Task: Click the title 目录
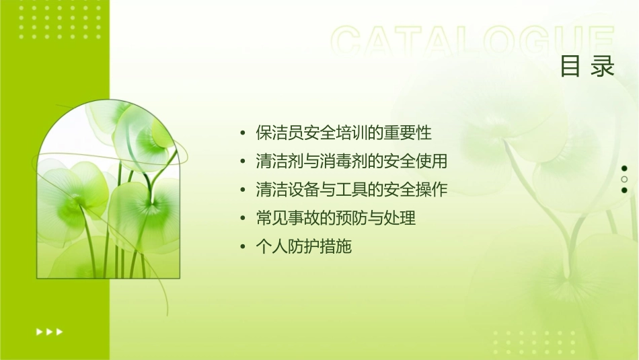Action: [587, 67]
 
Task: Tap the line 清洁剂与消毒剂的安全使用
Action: [351, 161]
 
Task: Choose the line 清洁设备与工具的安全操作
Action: [351, 190]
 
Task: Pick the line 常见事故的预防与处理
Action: [336, 218]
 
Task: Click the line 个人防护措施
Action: [303, 247]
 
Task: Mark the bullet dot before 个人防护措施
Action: [243, 248]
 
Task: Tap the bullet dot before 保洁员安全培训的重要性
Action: [243, 133]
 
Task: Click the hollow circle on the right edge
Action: [624, 179]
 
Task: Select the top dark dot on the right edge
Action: [624, 168]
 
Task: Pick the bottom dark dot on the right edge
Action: [624, 190]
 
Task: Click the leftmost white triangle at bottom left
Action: [38, 331]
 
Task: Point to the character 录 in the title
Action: [603, 67]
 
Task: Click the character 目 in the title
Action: [570, 67]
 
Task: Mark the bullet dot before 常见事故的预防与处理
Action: [243, 219]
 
